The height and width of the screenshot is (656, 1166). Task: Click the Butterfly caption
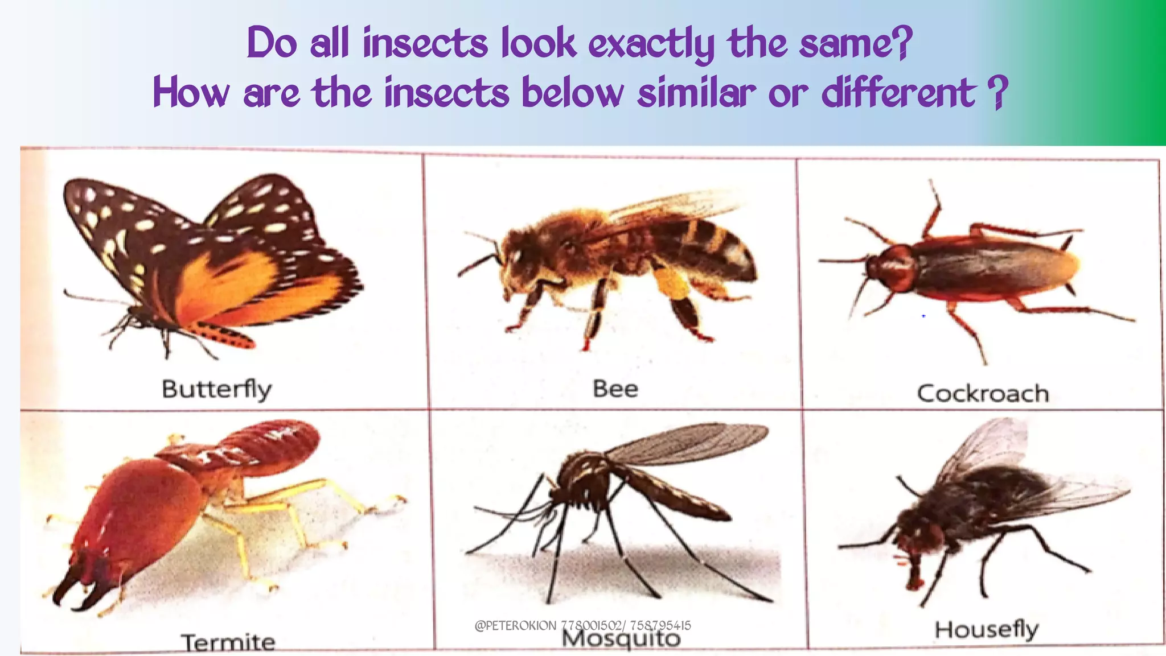pyautogui.click(x=217, y=390)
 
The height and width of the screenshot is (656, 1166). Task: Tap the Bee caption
pyautogui.click(x=615, y=389)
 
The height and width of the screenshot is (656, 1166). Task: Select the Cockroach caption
pyautogui.click(x=983, y=394)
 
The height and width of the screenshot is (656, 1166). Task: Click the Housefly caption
pyautogui.click(x=987, y=630)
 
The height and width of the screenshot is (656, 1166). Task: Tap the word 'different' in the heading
pyautogui.click(x=898, y=93)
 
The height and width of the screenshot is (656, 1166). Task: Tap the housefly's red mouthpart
pyautogui.click(x=913, y=577)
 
